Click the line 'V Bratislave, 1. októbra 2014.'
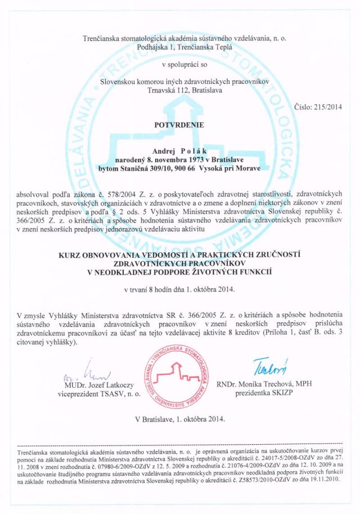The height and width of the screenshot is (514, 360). click(179, 419)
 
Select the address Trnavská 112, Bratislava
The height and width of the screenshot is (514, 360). click(179, 89)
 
